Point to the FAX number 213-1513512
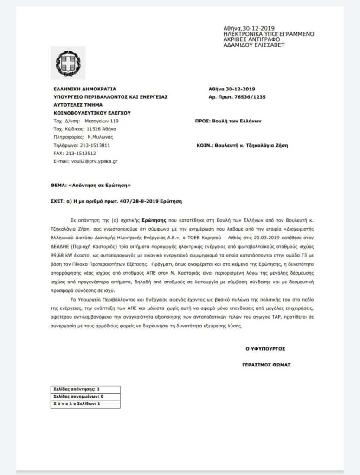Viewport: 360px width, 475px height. click(82, 153)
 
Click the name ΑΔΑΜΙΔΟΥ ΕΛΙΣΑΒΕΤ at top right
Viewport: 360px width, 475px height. click(254, 45)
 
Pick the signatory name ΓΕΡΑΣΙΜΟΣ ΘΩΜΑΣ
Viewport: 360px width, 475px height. click(268, 365)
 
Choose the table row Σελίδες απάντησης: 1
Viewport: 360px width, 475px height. click(77, 389)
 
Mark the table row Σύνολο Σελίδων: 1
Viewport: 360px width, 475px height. click(77, 404)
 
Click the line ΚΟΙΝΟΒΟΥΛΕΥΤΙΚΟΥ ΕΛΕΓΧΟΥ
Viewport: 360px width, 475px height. click(92, 113)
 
